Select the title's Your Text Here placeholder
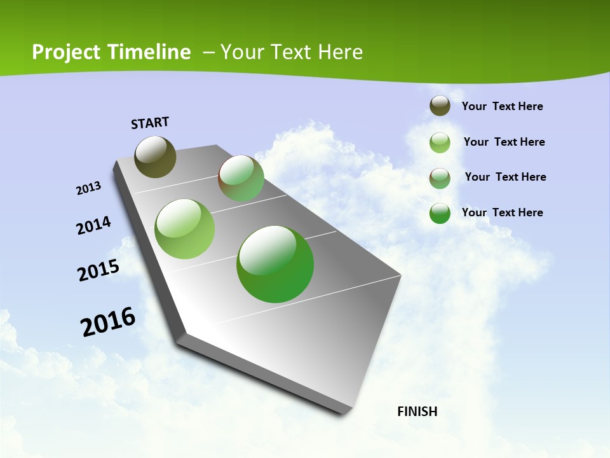tap(292, 52)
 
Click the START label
tap(150, 123)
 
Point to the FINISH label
tap(417, 412)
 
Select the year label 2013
tap(89, 188)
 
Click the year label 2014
tap(94, 225)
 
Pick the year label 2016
tap(108, 321)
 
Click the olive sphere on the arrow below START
tap(155, 156)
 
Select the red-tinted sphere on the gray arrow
tap(241, 178)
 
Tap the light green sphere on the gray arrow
tap(185, 229)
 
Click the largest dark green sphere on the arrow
tap(275, 264)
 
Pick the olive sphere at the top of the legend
tap(440, 106)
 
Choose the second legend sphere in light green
tap(440, 142)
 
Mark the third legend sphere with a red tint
tap(440, 178)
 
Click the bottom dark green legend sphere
tap(440, 213)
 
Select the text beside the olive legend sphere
tap(502, 106)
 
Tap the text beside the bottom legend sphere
tap(502, 212)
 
